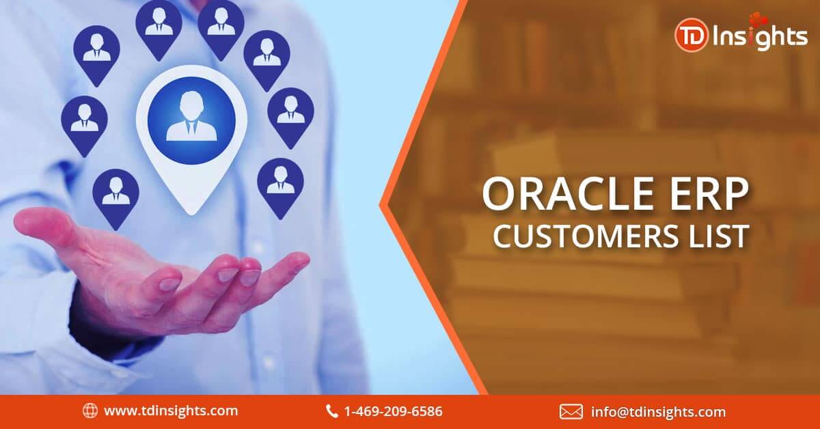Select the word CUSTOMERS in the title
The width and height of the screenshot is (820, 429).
[586, 236]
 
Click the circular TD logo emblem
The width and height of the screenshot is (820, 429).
[691, 35]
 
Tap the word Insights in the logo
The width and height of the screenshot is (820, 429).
[760, 37]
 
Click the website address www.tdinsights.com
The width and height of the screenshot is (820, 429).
[171, 411]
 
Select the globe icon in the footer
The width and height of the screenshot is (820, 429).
[90, 411]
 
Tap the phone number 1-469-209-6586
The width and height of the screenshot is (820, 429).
[393, 411]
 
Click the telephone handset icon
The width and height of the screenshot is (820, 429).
[331, 411]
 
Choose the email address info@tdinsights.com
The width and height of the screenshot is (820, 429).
[658, 412]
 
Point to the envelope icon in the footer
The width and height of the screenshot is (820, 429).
[571, 412]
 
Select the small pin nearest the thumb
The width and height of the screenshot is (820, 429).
[115, 198]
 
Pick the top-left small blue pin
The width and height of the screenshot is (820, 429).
[96, 55]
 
